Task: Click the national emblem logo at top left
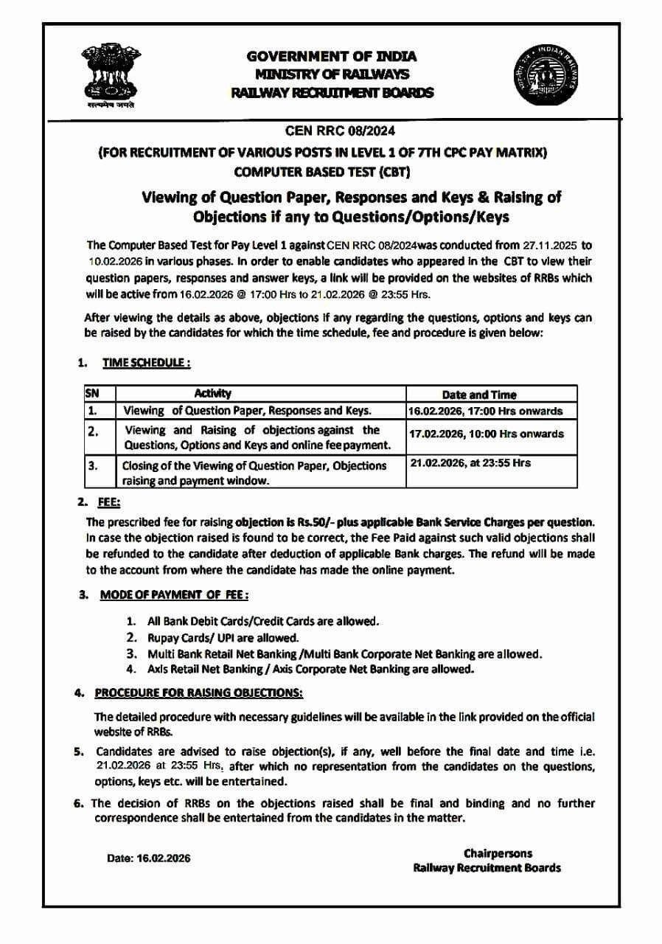(111, 76)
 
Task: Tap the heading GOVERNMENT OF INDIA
(331, 56)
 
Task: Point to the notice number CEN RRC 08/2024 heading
(330, 132)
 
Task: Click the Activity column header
(212, 394)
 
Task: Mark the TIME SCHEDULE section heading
(147, 363)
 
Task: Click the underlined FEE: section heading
(109, 502)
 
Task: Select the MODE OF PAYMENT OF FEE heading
(173, 595)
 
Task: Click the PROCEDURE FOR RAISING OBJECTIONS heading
(198, 693)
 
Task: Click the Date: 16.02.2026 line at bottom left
(149, 858)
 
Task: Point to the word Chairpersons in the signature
(498, 853)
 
